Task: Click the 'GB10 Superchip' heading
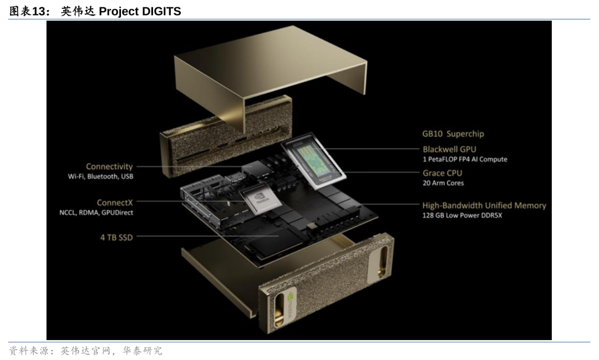[453, 134]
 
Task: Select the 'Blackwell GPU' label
[449, 149]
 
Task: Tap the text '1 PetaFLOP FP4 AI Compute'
[465, 159]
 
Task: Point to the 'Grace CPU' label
[442, 173]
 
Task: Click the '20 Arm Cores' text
[443, 183]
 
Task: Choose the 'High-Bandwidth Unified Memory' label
[484, 205]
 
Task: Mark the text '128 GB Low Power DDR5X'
[462, 216]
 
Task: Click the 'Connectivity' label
[109, 166]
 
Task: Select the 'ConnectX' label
[115, 202]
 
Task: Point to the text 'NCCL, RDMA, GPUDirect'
[96, 212]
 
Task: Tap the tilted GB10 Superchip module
[313, 161]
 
